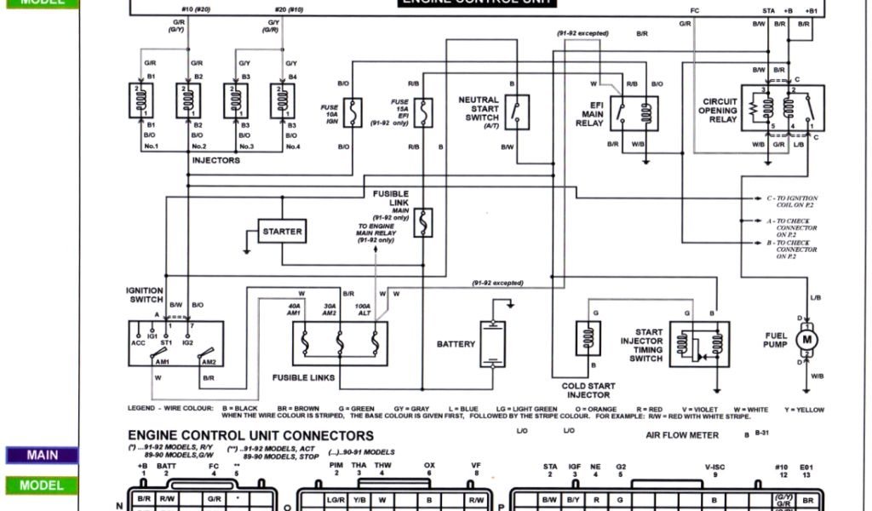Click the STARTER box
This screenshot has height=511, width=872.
coord(282,231)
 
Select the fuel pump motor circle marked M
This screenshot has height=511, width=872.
coord(805,340)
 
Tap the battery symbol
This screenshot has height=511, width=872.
coord(491,344)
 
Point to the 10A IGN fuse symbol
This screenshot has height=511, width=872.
coord(353,111)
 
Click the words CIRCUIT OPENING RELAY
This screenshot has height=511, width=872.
coord(717,110)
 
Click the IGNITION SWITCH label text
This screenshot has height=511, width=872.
coord(145,295)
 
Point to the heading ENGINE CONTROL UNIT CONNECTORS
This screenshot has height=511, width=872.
coord(250,436)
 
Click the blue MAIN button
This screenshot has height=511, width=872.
coord(42,456)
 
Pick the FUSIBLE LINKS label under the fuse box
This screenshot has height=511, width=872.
coord(303,376)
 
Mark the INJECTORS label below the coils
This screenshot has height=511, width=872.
coord(215,160)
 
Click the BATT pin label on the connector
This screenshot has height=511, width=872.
coord(167,466)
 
